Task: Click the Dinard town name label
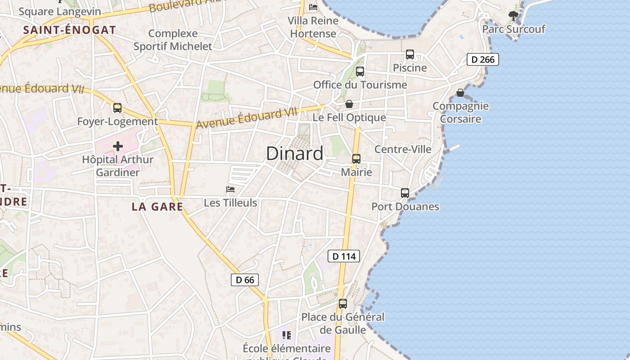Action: point(295,154)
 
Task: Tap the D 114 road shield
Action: point(344,256)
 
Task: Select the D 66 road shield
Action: point(245,280)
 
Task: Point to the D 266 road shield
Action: point(483,59)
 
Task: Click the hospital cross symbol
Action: point(118,146)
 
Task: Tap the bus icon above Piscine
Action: point(410,54)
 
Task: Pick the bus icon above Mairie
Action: point(356,159)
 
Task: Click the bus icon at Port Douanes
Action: point(405,193)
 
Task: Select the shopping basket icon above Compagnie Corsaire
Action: point(460,93)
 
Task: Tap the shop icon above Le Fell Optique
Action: point(349,104)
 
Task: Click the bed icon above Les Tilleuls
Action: point(230,189)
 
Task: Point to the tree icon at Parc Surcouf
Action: point(513,16)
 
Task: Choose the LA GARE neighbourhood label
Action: point(157,207)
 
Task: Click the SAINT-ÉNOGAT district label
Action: point(69,30)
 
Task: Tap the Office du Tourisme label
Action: point(360,85)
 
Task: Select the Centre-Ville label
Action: point(403,149)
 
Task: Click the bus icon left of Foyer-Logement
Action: point(117,108)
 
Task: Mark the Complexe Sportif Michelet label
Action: point(173,40)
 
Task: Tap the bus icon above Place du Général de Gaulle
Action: point(343,304)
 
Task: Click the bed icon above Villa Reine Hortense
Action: point(313,7)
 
